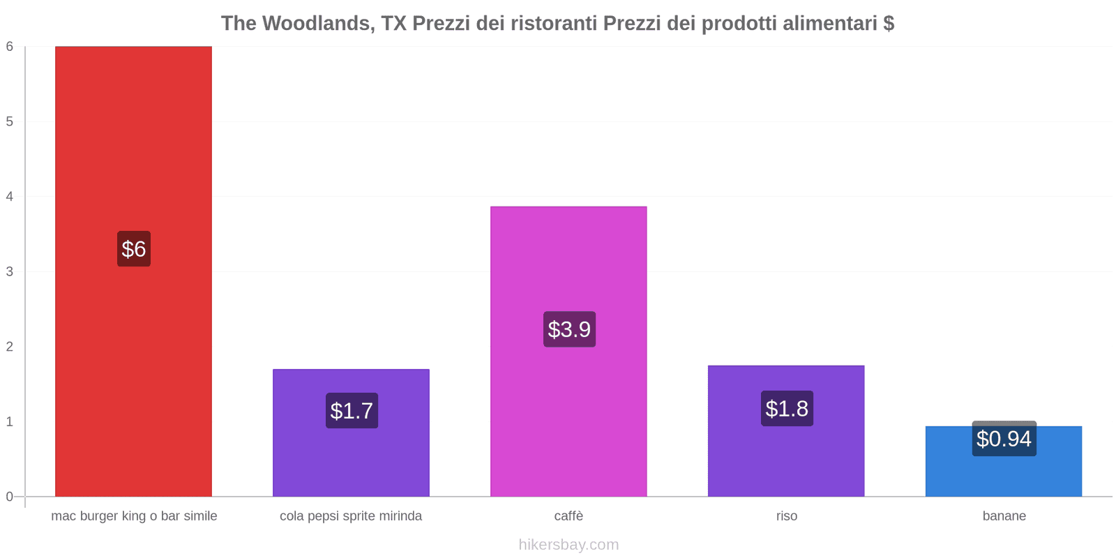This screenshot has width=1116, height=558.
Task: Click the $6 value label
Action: (134, 249)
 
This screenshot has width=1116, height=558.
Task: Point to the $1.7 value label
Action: (352, 411)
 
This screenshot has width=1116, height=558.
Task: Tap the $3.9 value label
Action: (569, 329)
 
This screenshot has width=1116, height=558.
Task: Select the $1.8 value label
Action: (787, 409)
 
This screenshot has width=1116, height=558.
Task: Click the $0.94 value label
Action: (1004, 439)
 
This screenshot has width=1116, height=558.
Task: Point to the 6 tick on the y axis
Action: (10, 47)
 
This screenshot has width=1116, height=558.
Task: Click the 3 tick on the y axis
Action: (10, 272)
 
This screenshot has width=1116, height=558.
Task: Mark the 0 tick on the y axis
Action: (10, 497)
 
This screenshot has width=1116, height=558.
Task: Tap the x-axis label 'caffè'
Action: (568, 516)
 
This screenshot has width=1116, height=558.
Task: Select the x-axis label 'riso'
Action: (786, 516)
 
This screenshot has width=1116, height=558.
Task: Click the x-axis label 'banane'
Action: (1004, 516)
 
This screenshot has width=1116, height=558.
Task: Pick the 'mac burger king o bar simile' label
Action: (134, 516)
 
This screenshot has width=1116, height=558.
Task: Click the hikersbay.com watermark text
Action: (568, 545)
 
